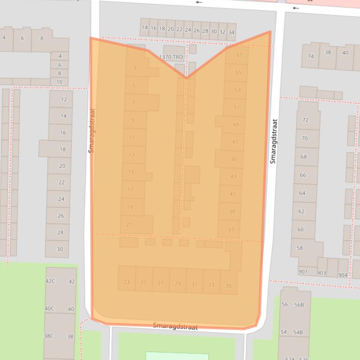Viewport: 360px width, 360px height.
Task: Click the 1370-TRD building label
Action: click(171, 57)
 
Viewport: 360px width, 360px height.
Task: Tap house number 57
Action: click(239, 55)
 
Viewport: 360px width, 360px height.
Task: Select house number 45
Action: click(234, 159)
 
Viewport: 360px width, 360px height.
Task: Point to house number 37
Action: click(231, 229)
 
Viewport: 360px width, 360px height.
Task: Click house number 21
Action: click(129, 224)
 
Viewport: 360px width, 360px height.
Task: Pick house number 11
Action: click(132, 137)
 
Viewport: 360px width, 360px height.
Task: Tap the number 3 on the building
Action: click(134, 68)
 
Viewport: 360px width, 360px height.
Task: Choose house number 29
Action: click(177, 284)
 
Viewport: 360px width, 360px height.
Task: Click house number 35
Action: click(228, 286)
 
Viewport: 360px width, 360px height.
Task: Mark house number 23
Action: click(126, 282)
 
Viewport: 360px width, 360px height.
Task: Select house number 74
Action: click(310, 56)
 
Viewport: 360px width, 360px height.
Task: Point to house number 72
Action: click(305, 120)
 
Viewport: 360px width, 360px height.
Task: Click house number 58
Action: click(300, 248)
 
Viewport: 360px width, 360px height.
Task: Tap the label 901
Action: click(303, 272)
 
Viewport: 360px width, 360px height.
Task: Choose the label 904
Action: click(343, 275)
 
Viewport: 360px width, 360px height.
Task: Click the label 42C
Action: click(50, 281)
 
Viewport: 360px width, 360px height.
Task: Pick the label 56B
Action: click(299, 305)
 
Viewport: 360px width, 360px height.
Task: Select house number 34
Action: click(231, 32)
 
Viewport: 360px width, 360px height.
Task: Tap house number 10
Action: click(59, 82)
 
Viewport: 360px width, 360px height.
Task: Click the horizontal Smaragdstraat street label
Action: click(175, 326)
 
